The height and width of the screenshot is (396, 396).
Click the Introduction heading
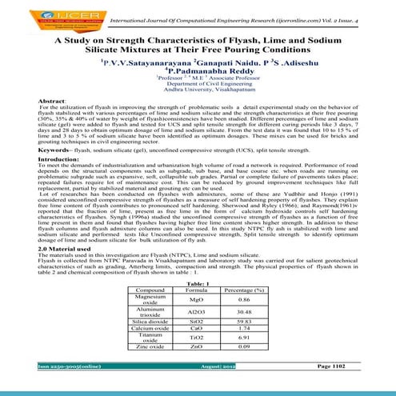pos(38,182)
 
